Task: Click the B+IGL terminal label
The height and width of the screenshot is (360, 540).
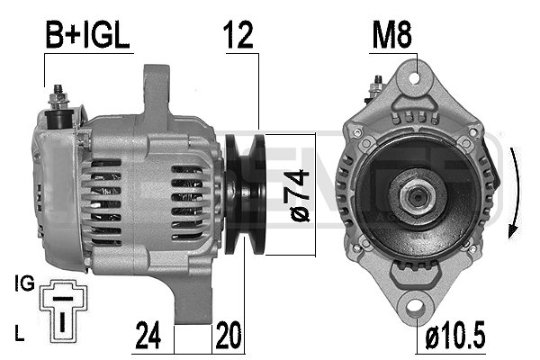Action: (x=88, y=35)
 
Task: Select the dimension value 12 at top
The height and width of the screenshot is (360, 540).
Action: (x=238, y=35)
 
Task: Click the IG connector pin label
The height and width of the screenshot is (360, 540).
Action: (x=24, y=284)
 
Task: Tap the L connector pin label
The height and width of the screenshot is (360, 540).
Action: (x=21, y=334)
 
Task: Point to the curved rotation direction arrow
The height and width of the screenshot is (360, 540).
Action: (x=514, y=194)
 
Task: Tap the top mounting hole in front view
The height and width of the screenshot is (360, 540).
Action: (x=417, y=76)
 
